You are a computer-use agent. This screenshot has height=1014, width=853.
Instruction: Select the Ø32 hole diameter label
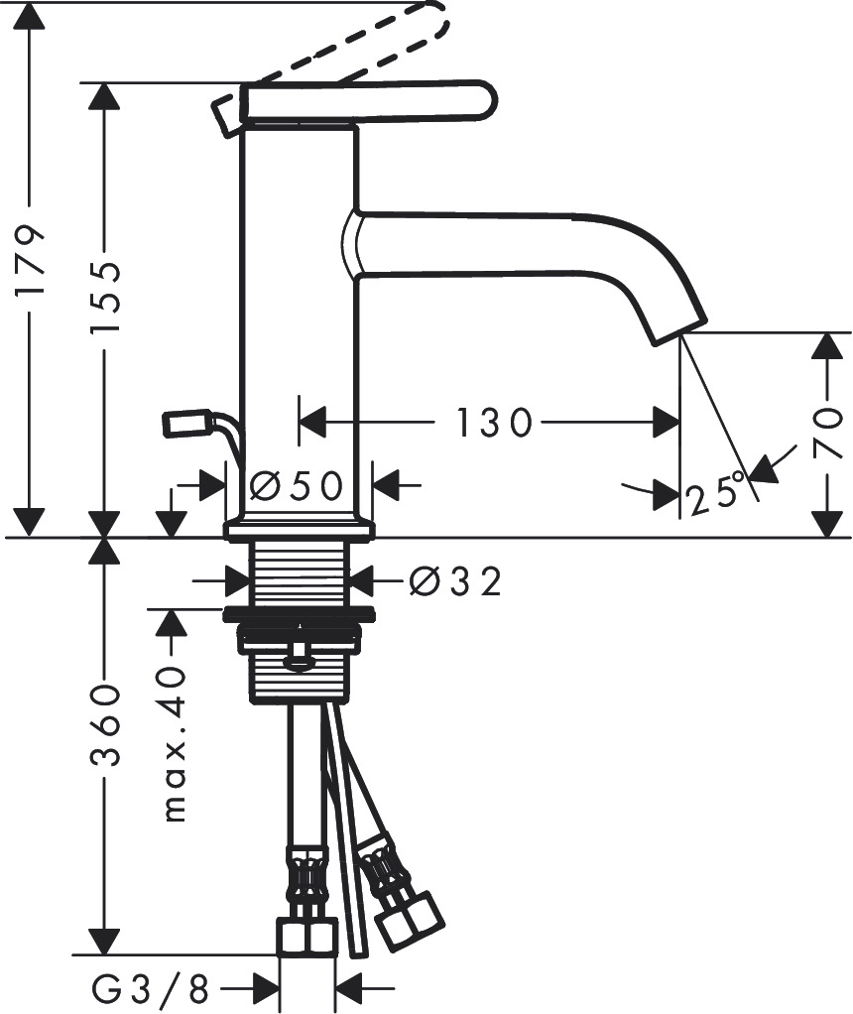(454, 580)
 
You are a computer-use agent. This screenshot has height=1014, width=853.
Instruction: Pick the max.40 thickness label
(173, 744)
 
